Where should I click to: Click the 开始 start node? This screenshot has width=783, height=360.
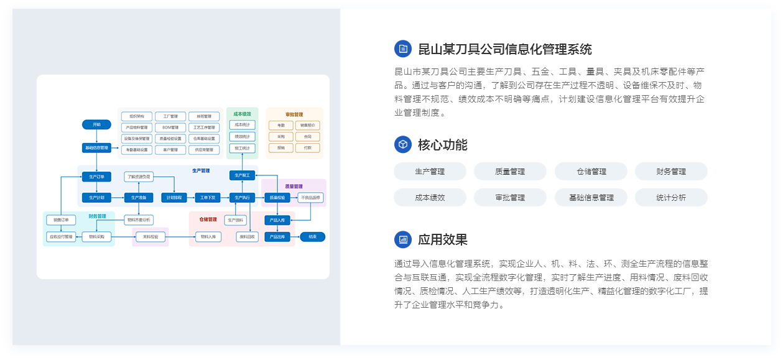(96, 124)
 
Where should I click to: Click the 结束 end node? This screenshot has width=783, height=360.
(312, 236)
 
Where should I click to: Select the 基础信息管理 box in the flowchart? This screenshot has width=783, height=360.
(96, 148)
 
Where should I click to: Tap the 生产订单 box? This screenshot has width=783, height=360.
(96, 176)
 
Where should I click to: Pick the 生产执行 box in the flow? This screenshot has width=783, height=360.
(242, 198)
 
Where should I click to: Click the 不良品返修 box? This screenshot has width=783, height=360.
(311, 198)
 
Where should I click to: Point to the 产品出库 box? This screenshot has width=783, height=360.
(277, 236)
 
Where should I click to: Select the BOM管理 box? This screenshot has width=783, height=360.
(170, 127)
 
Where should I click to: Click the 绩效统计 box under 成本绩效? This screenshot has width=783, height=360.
(242, 136)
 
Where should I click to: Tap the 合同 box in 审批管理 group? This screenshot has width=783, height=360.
(308, 136)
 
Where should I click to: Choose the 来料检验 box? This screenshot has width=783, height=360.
(151, 236)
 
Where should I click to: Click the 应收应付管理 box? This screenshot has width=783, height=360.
(61, 236)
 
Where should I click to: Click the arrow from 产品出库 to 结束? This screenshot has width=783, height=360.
(295, 236)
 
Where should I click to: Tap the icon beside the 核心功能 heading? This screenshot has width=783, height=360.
(403, 144)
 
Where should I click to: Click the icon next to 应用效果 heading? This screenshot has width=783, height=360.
(403, 239)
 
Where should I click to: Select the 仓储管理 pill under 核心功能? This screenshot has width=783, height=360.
(591, 171)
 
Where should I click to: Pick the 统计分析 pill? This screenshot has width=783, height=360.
(671, 197)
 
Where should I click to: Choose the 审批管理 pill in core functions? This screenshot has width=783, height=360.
(510, 197)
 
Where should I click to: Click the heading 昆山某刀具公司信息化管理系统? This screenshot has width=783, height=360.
(504, 49)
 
